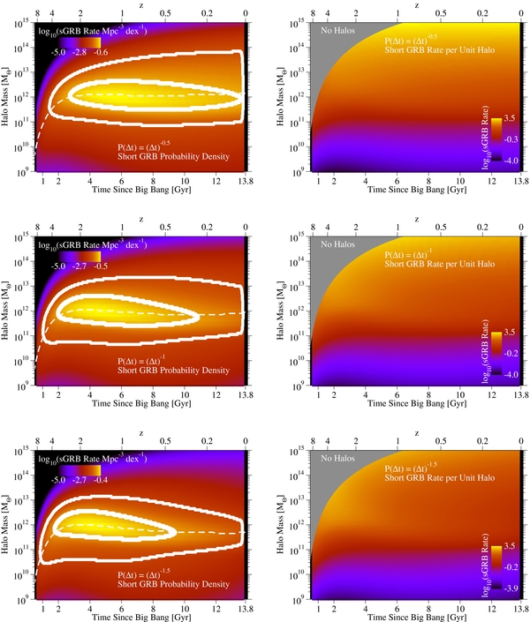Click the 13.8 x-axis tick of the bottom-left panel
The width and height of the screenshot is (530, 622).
coord(245,610)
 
